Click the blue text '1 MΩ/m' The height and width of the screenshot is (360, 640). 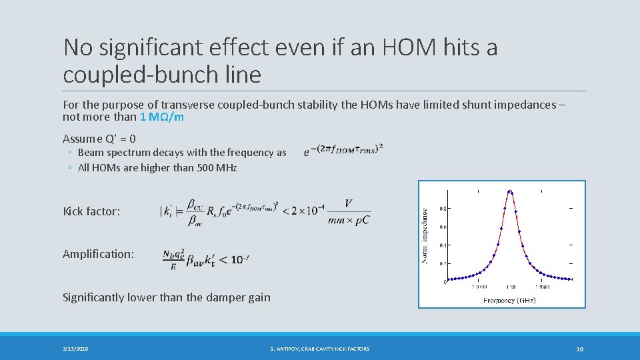click(x=162, y=117)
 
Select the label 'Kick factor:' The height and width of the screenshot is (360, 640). click(x=91, y=211)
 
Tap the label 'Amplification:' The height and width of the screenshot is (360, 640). click(x=98, y=254)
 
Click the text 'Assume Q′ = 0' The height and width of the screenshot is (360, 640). click(x=99, y=139)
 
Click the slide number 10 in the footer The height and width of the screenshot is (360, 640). click(x=579, y=349)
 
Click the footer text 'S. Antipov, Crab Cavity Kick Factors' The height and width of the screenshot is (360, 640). click(x=319, y=349)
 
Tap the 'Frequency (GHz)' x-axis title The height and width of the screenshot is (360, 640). click(x=509, y=300)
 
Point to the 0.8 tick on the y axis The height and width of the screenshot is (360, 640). click(x=443, y=209)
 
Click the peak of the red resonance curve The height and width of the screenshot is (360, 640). click(x=510, y=192)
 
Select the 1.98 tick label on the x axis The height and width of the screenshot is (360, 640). click(x=510, y=287)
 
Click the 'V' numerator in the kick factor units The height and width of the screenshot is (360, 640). click(x=349, y=204)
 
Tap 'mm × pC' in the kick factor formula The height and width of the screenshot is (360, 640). click(x=349, y=221)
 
